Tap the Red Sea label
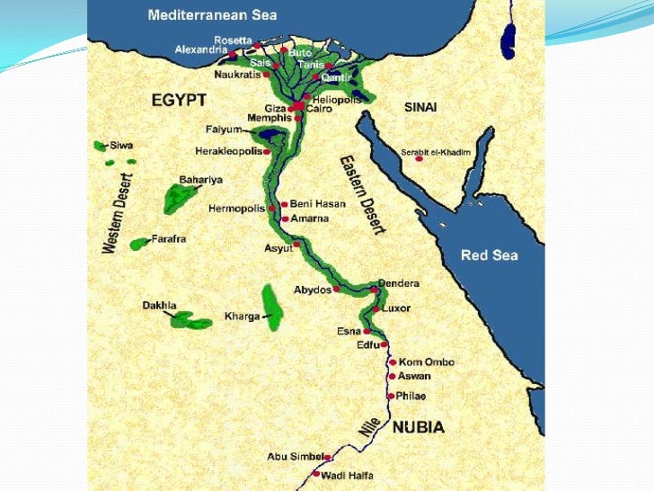[489, 255]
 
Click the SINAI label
[420, 107]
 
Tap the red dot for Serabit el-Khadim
[431, 159]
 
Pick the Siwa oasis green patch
[99, 146]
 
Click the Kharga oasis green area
[271, 306]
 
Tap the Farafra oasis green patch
[138, 244]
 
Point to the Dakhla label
[159, 306]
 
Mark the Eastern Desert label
[361, 194]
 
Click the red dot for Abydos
[336, 290]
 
